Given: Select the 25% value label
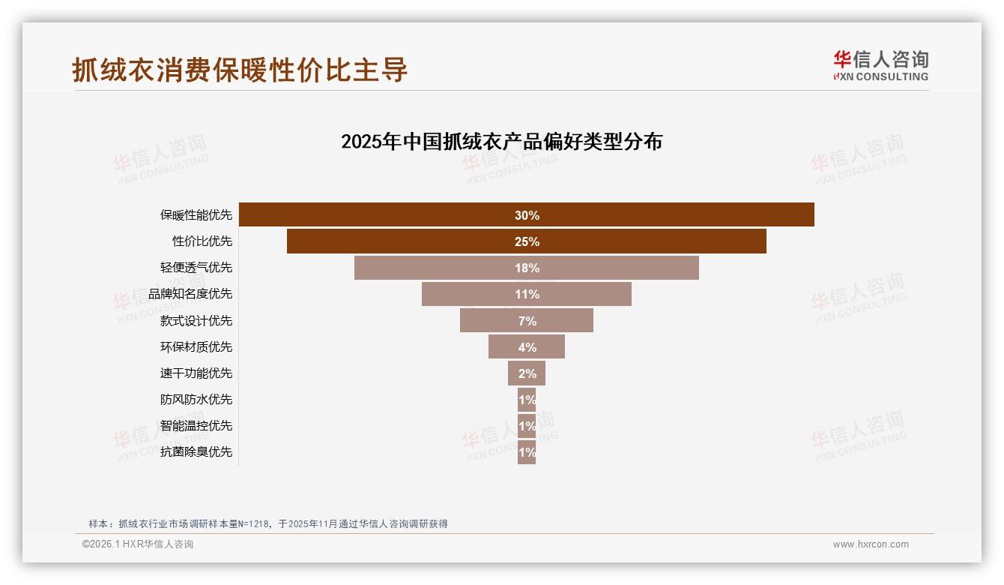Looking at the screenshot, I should coord(527,241).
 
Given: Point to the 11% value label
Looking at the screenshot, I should coord(527,294).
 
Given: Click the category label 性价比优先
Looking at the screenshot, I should coord(202,241).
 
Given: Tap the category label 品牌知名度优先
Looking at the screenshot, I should coord(190,294).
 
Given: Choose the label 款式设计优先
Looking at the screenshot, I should coord(196,320).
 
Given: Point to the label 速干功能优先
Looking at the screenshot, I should coord(196,373).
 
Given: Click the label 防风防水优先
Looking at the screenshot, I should coord(196,399).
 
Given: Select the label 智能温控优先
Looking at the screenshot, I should coord(196,425).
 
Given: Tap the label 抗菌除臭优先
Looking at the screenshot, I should coord(196,451).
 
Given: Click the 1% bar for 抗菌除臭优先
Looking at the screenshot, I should coord(527,452).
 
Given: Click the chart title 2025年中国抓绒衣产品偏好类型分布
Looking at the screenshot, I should coord(501,142).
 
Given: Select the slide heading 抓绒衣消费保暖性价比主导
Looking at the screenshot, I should coord(240,70).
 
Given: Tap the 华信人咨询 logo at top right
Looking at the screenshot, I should coord(880,65).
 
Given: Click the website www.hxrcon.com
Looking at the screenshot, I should coord(871,544).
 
